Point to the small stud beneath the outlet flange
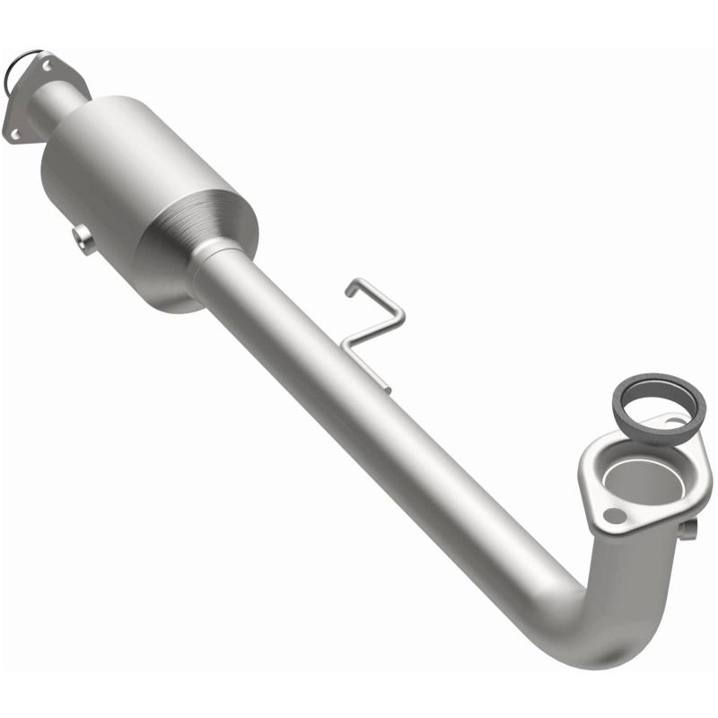687,530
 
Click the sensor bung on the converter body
83,239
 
